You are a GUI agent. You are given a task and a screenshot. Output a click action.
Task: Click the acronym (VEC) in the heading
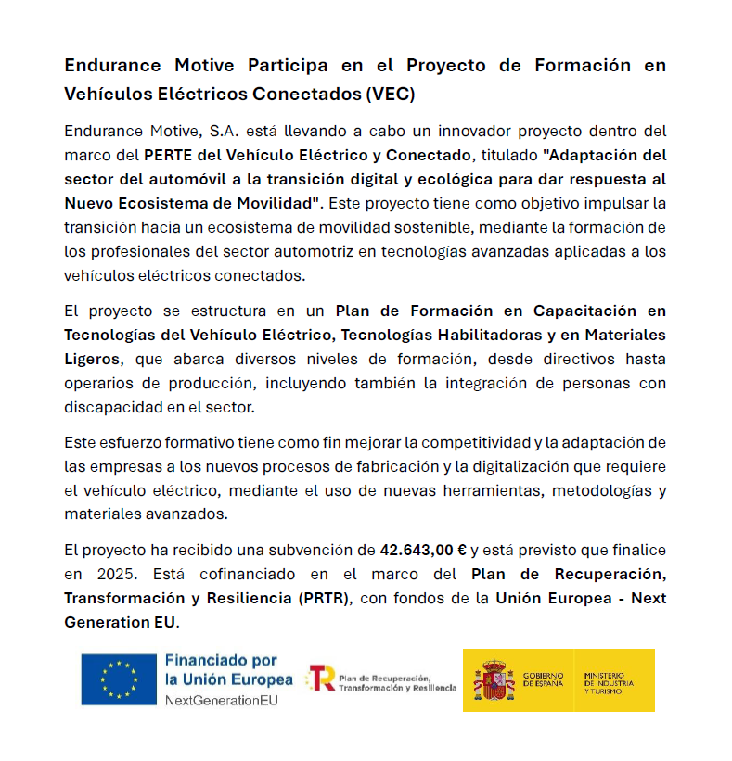pyautogui.click(x=391, y=94)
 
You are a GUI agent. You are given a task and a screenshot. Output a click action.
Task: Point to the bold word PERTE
pyautogui.click(x=169, y=155)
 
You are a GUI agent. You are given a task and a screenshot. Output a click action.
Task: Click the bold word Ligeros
pyautogui.click(x=92, y=359)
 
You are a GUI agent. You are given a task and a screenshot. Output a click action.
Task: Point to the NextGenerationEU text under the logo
pyautogui.click(x=221, y=700)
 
